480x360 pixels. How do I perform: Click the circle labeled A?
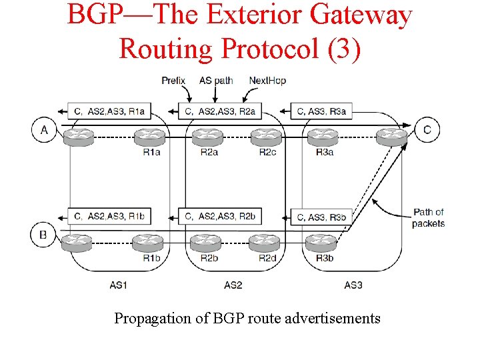(x=44, y=129)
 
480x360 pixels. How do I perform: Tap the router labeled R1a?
(x=151, y=136)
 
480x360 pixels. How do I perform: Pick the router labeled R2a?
(x=207, y=136)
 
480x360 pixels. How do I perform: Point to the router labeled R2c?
(x=267, y=136)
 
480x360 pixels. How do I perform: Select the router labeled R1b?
(x=151, y=241)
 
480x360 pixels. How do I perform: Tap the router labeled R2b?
(x=207, y=241)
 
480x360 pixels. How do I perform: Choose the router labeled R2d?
(x=267, y=241)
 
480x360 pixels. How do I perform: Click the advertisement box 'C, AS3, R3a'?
(x=322, y=111)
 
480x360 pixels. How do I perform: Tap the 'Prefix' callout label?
(x=173, y=81)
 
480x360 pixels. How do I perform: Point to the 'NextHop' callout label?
(x=267, y=81)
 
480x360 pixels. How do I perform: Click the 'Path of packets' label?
(x=428, y=218)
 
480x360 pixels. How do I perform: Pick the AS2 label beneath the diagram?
(x=233, y=285)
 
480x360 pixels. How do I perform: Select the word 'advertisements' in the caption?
(x=332, y=319)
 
